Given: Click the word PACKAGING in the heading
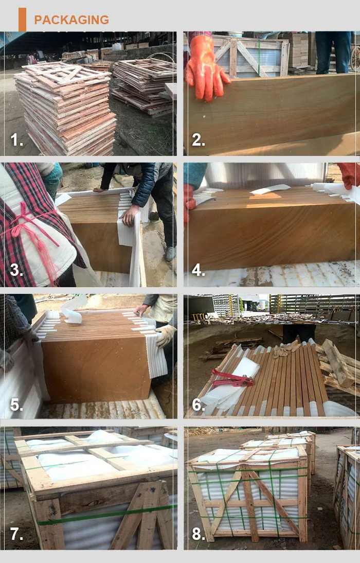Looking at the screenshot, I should point(71,20).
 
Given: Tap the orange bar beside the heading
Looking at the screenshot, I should point(22,20).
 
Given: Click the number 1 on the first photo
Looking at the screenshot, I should point(17,139).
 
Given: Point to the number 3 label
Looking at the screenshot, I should point(16,270).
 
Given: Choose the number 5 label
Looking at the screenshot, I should point(16,404).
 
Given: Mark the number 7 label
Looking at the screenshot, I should point(16,534).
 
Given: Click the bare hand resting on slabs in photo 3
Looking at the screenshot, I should point(129,214).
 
